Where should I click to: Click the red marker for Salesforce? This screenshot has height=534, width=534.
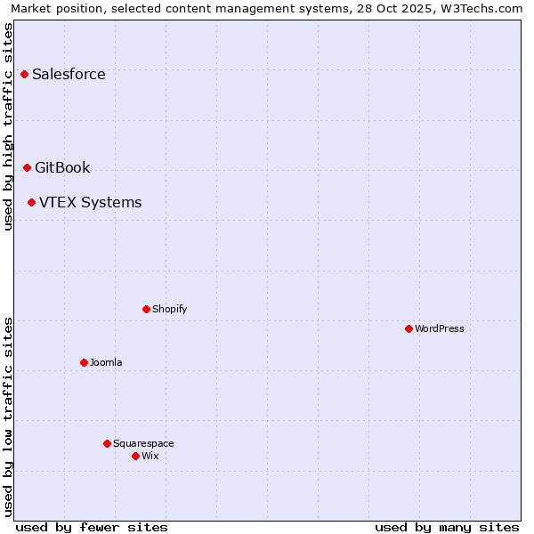[x=24, y=74]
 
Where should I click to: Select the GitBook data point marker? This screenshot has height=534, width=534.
[x=27, y=167]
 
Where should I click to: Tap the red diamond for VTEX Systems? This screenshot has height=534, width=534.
[x=31, y=202]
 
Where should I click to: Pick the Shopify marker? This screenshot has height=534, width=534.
[x=146, y=309]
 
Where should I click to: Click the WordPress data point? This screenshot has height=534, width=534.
[x=409, y=328]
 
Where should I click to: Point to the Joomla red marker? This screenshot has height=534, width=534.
[x=84, y=362]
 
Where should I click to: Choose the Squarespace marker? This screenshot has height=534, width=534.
[x=107, y=443]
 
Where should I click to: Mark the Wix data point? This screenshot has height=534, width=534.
[x=135, y=456]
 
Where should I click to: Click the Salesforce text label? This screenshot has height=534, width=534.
[x=69, y=74]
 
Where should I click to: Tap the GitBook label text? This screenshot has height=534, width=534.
[x=62, y=167]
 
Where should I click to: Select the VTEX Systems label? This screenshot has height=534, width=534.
[x=90, y=202]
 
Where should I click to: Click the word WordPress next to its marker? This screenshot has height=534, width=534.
[x=440, y=328]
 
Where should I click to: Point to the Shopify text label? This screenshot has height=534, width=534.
[x=169, y=309]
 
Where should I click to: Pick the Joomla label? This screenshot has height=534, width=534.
[x=106, y=362]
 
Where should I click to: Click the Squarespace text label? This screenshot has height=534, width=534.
[x=143, y=443]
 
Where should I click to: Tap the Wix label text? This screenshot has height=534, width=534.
[x=150, y=456]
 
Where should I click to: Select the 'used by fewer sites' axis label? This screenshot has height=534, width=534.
[x=92, y=527]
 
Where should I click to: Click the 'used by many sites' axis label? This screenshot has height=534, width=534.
[x=447, y=527]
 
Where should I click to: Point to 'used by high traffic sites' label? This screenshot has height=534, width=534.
[x=8, y=126]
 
